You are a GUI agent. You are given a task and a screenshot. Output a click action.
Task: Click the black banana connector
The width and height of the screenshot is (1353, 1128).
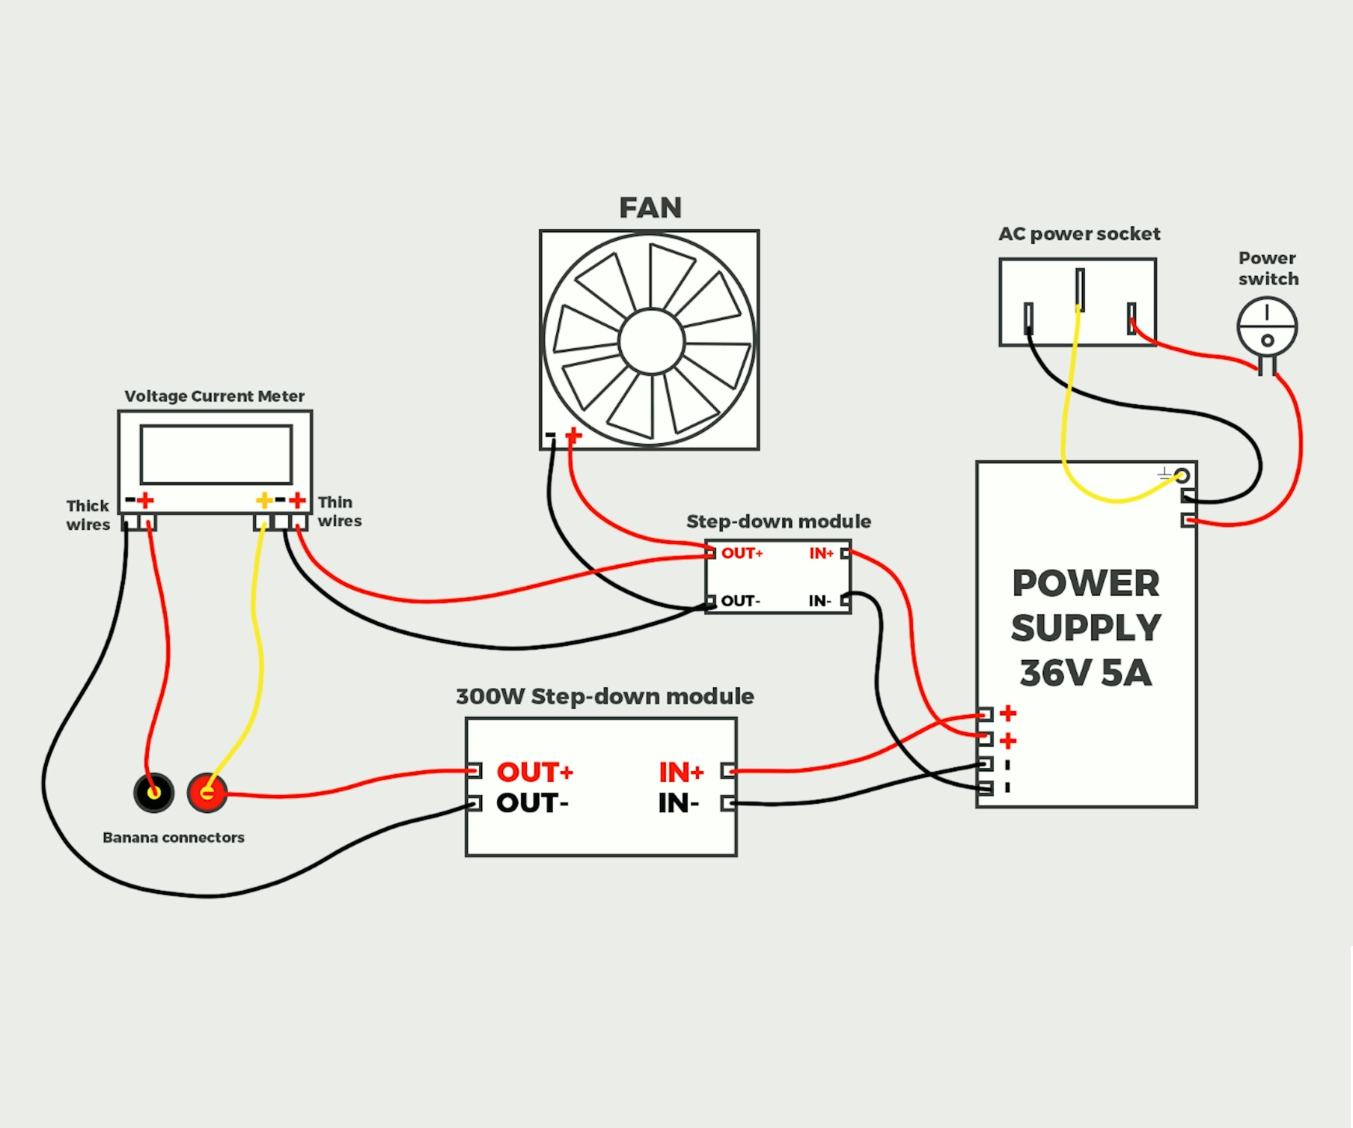(153, 793)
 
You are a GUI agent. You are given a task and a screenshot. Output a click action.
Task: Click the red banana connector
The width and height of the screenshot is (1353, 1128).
(207, 793)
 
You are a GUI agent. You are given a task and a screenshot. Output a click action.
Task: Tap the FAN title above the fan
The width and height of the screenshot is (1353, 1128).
(650, 208)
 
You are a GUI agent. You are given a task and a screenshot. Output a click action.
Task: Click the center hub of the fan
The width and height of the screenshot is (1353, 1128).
(651, 341)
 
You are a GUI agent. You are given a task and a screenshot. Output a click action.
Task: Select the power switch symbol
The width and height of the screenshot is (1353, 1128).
(1266, 327)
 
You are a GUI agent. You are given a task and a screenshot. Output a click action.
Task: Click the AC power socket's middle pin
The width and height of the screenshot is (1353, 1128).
(1079, 289)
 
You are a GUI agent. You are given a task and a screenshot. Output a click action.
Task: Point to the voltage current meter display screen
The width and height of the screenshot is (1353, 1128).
(216, 454)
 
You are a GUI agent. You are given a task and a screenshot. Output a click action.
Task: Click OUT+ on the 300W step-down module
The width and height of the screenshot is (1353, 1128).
(534, 772)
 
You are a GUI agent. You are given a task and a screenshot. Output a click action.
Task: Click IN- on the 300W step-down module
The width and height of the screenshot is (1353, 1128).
(678, 804)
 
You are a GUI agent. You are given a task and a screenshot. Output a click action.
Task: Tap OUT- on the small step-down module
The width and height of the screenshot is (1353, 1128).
(740, 601)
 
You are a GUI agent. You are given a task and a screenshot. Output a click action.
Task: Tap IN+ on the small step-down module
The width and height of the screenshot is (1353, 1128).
(821, 554)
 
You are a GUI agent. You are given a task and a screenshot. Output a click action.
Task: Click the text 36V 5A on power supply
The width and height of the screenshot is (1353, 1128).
(1085, 673)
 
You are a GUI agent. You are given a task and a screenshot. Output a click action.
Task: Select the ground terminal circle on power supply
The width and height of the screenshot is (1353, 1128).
(1182, 475)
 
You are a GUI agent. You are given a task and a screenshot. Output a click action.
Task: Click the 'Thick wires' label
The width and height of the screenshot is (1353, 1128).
(88, 515)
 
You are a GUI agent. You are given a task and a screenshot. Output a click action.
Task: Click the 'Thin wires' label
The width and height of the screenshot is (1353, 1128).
(339, 511)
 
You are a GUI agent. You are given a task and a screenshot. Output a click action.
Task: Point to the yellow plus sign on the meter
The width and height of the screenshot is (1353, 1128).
(263, 500)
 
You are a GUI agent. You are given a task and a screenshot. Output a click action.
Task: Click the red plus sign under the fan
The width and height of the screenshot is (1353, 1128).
(573, 435)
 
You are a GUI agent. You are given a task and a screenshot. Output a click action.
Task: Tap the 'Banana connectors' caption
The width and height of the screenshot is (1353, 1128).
(174, 838)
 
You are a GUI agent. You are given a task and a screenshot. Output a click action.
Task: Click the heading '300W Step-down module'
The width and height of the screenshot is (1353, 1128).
(605, 696)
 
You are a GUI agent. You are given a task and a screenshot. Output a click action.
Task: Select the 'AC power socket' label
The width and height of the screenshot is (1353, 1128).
(1078, 234)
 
